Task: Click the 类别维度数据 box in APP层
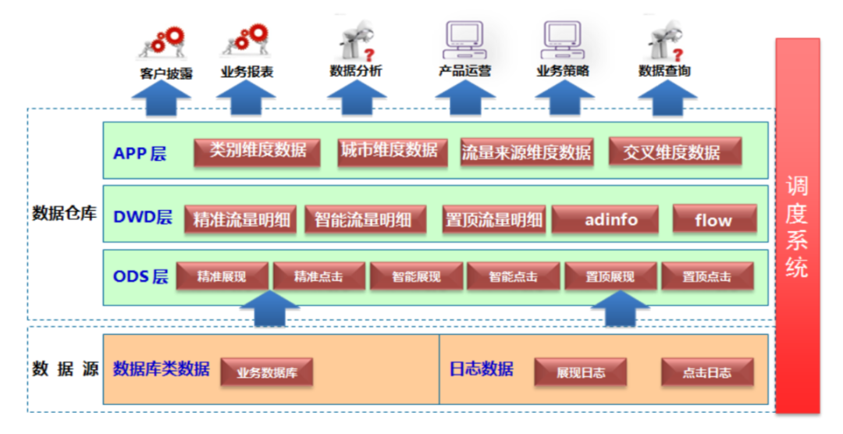pos(258,151)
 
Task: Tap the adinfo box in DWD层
pos(610,219)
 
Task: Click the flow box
pos(714,219)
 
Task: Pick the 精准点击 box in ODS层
pos(318,276)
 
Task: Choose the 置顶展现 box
pos(610,276)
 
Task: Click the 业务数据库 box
pos(267,372)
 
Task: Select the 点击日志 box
pos(707,372)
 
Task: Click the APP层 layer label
pos(140,153)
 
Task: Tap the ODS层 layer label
pos(140,276)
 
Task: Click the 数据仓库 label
pos(64,212)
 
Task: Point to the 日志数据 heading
pos(481,368)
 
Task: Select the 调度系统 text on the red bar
pos(797,226)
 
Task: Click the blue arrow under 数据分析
pos(357,98)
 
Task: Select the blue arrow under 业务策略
pos(563,98)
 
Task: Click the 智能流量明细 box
pos(364,219)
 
